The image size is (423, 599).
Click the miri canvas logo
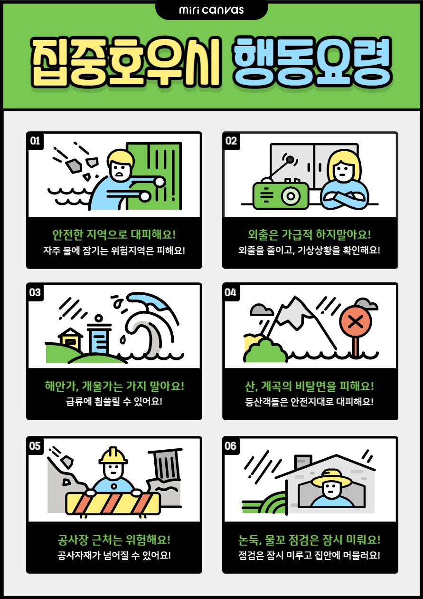(x=212, y=10)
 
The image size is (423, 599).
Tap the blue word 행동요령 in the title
(x=312, y=62)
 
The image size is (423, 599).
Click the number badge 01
(x=35, y=141)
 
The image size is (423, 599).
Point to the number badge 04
(x=231, y=292)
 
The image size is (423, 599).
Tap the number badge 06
(x=231, y=446)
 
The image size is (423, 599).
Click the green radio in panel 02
(x=281, y=195)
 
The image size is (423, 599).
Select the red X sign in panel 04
(x=356, y=321)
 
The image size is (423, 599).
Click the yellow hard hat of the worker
(x=113, y=455)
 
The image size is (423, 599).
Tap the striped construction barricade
(x=113, y=503)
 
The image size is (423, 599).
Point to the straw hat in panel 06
(x=331, y=478)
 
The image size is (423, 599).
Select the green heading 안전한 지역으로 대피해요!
(x=114, y=234)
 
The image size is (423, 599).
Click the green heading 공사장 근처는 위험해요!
(x=114, y=540)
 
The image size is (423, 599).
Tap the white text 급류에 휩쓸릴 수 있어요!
(x=114, y=401)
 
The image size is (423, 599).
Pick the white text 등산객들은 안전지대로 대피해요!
(x=310, y=401)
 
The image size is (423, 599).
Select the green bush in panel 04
(x=265, y=350)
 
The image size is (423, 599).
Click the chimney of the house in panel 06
(x=303, y=462)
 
